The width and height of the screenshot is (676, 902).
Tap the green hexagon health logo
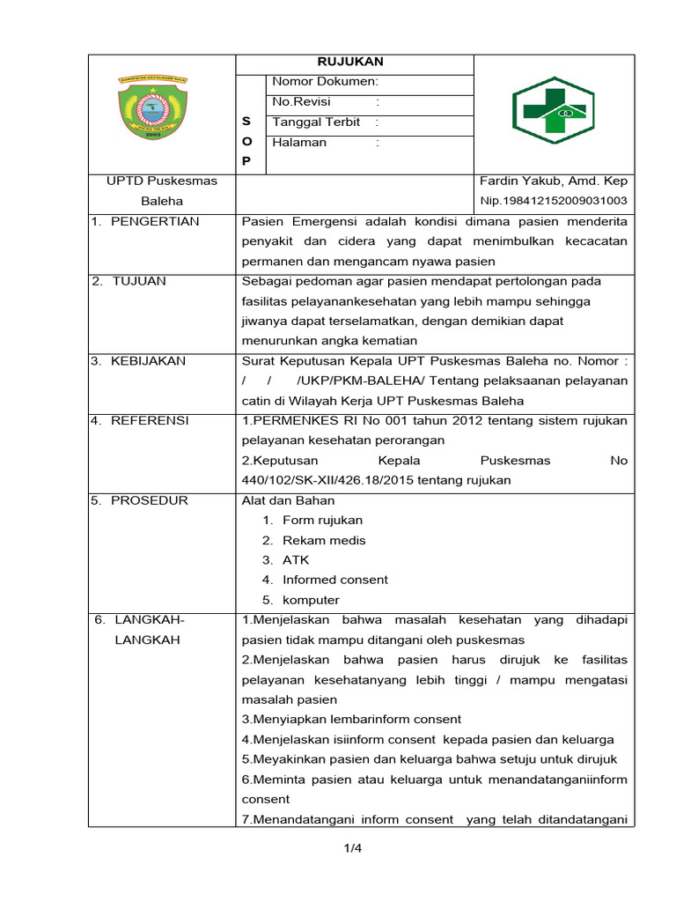[553, 112]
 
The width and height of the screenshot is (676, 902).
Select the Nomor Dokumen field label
[325, 82]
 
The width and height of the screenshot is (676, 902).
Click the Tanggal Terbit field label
[316, 122]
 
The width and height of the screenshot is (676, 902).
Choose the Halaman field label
[299, 143]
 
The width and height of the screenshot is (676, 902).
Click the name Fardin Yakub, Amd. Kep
[553, 181]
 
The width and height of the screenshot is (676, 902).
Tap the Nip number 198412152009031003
[553, 201]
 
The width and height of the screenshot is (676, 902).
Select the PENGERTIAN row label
[155, 221]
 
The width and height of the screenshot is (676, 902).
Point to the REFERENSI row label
[150, 421]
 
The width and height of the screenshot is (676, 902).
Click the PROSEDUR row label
[150, 500]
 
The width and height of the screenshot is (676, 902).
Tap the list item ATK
[296, 560]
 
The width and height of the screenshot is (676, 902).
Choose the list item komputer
[311, 600]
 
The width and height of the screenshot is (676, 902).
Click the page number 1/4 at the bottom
[353, 849]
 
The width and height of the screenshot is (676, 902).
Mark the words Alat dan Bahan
[276, 500]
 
